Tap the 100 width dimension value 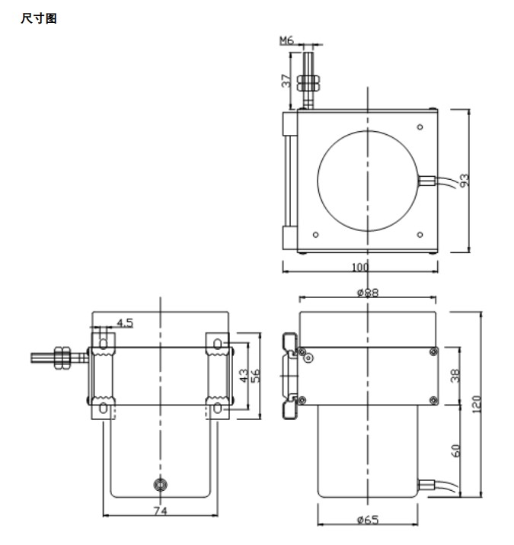(x=359, y=268)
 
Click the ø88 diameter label (x=369, y=291)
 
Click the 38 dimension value (x=455, y=375)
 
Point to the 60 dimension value (x=455, y=450)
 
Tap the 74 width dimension (x=161, y=510)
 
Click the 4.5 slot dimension (x=125, y=322)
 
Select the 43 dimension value (x=243, y=375)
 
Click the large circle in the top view (x=367, y=180)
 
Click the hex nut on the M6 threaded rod (x=310, y=82)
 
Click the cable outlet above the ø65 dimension (x=427, y=482)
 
